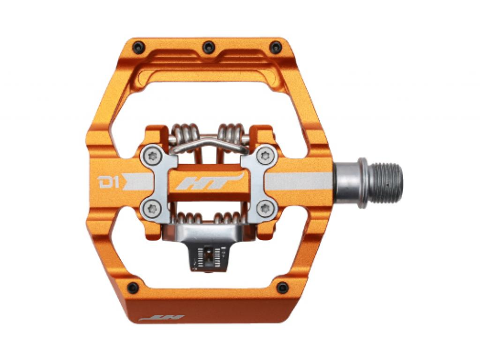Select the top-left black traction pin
139,47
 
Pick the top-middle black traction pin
208,47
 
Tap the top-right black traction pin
276,47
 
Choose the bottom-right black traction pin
283,288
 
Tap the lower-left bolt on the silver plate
154,208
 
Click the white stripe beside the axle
298,181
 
